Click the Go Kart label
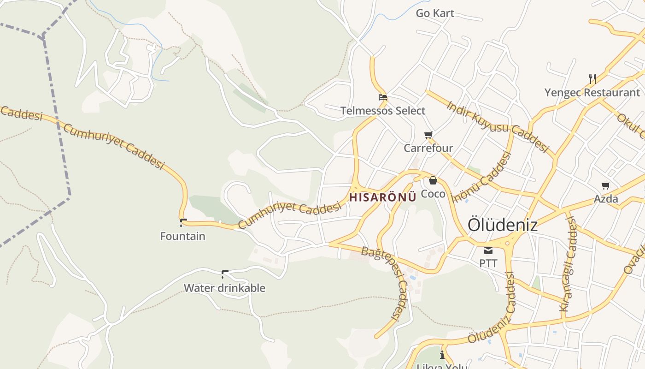point(435,13)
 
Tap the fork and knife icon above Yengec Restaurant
point(592,79)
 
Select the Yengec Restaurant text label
point(592,93)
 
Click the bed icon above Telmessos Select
point(382,97)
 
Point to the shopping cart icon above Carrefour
point(428,135)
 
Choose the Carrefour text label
point(428,148)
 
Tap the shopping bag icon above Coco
point(433,180)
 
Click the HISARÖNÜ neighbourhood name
point(383,197)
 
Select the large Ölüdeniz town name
point(503,225)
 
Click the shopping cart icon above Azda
point(606,185)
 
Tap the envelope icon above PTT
point(488,250)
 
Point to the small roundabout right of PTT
point(508,243)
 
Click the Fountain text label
point(182,236)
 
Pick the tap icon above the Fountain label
point(183,222)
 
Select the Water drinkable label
point(224,288)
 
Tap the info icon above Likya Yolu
point(442,355)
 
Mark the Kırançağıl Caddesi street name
point(568,265)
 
